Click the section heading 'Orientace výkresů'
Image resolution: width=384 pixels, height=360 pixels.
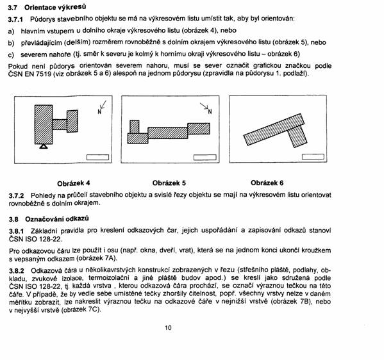coord(55,7)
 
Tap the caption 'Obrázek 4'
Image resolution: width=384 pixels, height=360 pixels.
coord(74,183)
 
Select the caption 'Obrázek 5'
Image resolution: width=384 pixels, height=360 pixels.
coord(169,183)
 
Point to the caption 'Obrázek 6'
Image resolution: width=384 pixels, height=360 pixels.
coord(267,183)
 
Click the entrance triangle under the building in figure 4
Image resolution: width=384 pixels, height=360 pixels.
coord(44,146)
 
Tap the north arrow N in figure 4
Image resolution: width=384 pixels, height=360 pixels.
coord(102,107)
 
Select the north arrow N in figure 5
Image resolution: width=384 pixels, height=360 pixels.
coord(206,108)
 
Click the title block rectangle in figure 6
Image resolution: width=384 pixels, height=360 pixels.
coord(313,157)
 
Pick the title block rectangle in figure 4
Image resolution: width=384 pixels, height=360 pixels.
coord(97,157)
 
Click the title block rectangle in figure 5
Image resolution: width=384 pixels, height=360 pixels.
coord(205,157)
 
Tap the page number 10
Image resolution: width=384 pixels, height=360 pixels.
coord(168,328)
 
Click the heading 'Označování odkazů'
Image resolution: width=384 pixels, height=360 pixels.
coord(57,219)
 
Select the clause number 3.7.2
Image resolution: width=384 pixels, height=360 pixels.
coord(17,196)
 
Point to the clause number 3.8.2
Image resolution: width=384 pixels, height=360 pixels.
coord(17,271)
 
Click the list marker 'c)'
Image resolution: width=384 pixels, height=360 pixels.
coord(11,55)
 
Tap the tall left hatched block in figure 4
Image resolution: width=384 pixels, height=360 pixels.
coord(44,124)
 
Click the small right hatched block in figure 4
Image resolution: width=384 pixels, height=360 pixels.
coord(72,121)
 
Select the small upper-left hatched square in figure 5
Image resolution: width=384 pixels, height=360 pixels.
coord(135,127)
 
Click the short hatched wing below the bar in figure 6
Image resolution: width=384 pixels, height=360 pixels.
coord(297,136)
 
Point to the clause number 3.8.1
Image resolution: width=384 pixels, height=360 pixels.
coord(17,231)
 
